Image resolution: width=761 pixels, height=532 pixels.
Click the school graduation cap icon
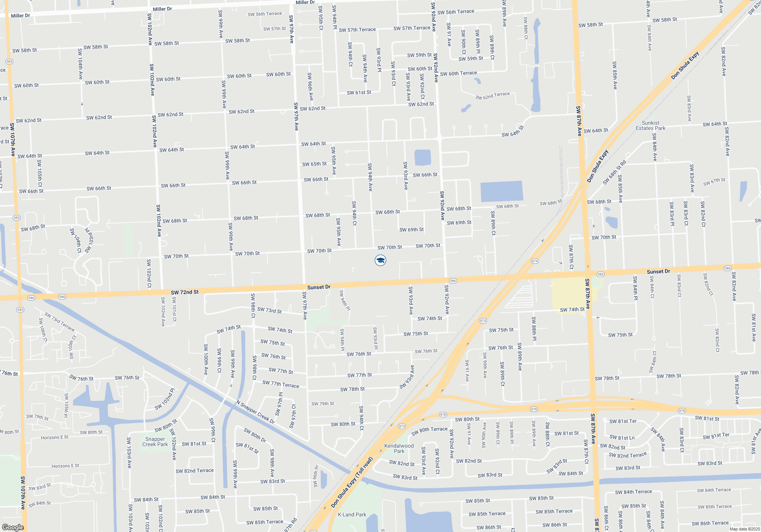coord(380,260)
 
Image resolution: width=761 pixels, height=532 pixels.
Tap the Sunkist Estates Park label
coord(650,125)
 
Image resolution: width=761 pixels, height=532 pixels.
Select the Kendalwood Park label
coord(399,448)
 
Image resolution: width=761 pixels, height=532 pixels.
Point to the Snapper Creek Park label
coord(155,442)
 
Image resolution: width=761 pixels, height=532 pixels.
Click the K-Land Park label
coord(352,515)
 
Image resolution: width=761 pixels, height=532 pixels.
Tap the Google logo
coord(13,527)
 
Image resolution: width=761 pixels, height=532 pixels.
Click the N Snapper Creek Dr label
coord(255,412)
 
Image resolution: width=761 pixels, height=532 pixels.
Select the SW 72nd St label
coord(185,292)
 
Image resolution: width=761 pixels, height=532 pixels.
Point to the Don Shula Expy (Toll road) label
coord(352,482)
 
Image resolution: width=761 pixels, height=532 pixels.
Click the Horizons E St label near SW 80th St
coord(54,437)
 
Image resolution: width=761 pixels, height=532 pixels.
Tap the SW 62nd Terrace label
coord(492,95)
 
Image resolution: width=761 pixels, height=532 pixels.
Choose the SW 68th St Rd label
coord(614,173)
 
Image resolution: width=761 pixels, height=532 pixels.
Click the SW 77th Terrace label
coord(281,384)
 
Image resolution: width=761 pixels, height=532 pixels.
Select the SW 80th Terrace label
coord(429,431)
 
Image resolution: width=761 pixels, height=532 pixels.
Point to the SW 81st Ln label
coord(622,437)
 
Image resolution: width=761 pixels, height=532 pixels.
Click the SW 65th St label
coord(314,164)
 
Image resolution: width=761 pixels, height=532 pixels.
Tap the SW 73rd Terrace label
coord(59,321)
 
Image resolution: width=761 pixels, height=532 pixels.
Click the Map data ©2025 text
coord(745,529)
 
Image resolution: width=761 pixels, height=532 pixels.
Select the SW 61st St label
coord(359,92)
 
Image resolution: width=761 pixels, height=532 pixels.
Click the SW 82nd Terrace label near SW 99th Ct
coord(194,471)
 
